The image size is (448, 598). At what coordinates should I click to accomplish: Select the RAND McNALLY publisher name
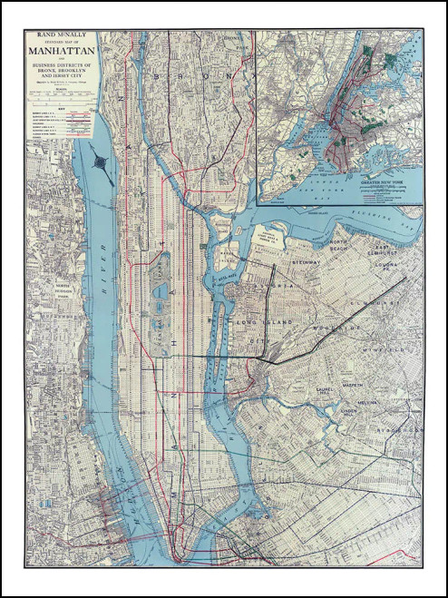[62, 36]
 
